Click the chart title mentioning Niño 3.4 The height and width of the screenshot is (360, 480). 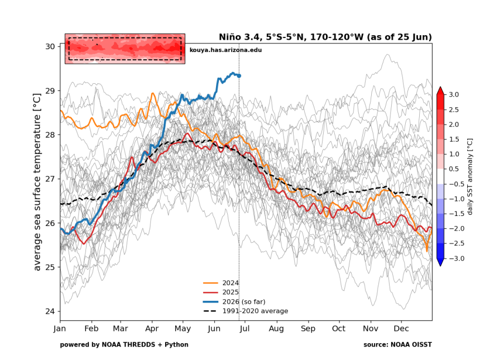[x=325, y=37]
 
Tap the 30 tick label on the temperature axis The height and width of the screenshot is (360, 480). [x=50, y=46]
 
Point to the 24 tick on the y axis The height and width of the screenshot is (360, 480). [x=50, y=311]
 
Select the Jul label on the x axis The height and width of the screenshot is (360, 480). [x=244, y=329]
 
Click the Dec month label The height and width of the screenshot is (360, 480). [x=401, y=329]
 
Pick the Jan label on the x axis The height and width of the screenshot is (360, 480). [x=60, y=329]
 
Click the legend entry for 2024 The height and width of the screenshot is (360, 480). [x=220, y=283]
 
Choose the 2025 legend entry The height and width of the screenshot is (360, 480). [x=220, y=292]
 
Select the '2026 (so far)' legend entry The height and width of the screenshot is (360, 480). [x=234, y=302]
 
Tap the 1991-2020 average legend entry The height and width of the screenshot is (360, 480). [x=246, y=311]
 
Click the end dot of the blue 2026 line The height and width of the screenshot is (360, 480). [x=239, y=75]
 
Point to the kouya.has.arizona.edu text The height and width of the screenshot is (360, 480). [x=225, y=50]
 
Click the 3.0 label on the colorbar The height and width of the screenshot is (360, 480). [x=454, y=94]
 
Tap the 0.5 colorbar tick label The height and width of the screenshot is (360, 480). [x=454, y=169]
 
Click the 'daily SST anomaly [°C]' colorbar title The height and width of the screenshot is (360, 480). [x=470, y=176]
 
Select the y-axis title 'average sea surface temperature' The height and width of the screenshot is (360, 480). [x=37, y=182]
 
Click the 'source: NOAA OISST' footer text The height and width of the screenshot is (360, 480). [x=397, y=345]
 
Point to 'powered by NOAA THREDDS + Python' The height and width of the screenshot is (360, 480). [x=124, y=345]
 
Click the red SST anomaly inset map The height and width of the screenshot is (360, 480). [x=125, y=49]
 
